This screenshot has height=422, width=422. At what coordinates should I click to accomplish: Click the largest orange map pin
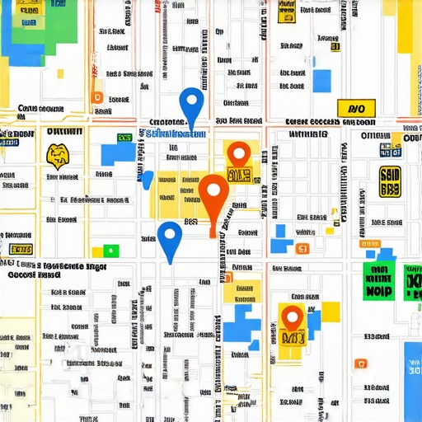pos(214,198)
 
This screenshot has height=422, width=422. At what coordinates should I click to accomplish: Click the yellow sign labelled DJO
pos(357,108)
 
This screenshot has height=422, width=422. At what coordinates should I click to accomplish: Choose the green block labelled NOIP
pos(378,281)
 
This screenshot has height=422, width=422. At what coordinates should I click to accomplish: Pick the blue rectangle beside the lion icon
pos(116,153)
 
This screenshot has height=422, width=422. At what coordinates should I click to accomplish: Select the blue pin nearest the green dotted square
pos(170,239)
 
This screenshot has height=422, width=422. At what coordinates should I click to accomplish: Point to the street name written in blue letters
pos(177,134)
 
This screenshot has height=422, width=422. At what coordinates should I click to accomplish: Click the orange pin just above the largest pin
pos(238,154)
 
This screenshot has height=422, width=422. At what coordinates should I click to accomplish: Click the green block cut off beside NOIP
pos(412,281)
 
